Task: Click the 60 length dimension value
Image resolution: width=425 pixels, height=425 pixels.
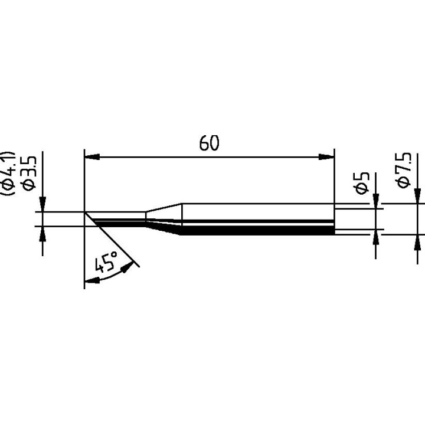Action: coord(209,143)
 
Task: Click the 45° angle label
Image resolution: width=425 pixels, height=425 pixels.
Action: coord(107,261)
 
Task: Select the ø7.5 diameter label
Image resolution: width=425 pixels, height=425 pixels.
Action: coord(404,169)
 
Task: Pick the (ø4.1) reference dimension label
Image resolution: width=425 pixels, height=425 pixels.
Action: coord(9,171)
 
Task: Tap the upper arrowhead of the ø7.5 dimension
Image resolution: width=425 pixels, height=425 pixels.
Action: coord(418,197)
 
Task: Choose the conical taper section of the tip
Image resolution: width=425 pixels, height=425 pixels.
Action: coord(164,218)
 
